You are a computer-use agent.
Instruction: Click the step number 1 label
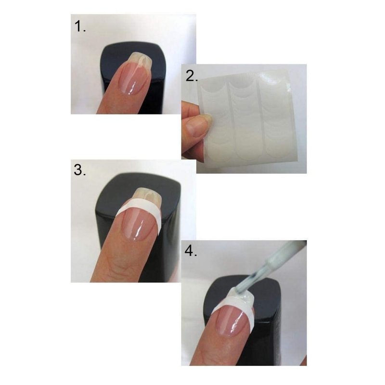coord(80,26)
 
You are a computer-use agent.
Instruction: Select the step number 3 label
coord(80,170)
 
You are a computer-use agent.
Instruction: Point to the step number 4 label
coord(191,251)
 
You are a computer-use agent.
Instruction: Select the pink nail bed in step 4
coord(232,319)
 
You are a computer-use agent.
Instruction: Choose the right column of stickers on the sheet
coord(278,115)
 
